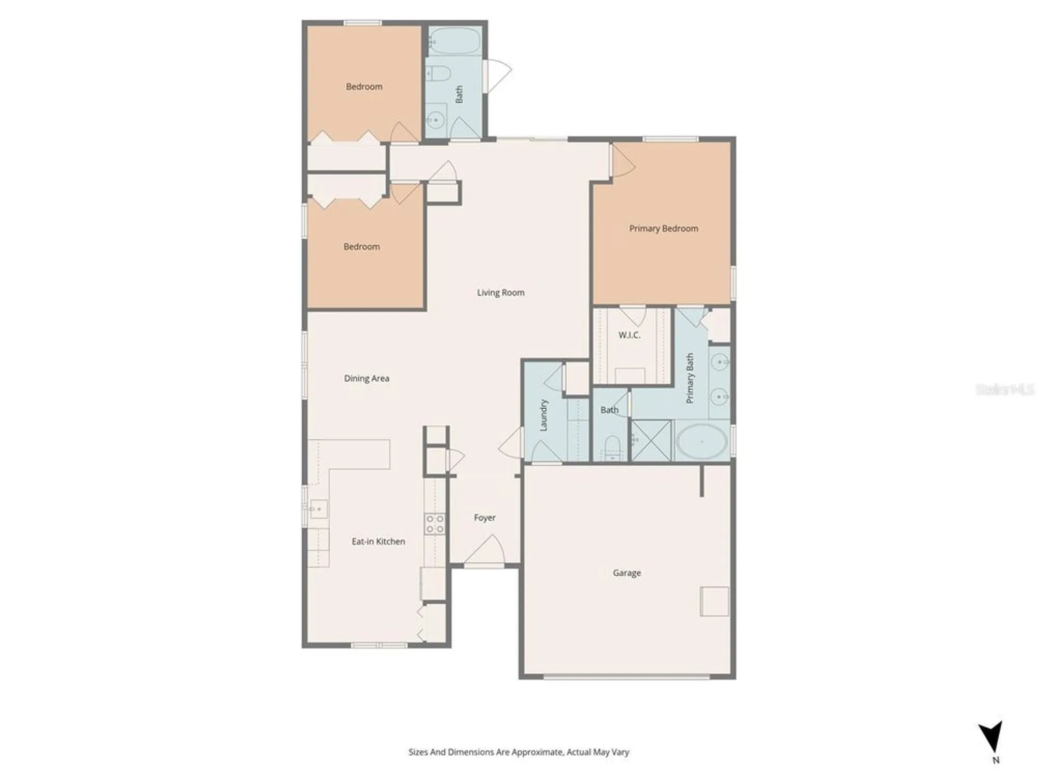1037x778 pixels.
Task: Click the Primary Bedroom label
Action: point(663,228)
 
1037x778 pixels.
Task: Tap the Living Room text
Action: point(500,293)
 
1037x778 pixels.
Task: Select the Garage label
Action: point(627,573)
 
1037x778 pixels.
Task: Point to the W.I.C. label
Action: point(629,335)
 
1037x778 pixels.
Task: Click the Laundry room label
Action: point(544,415)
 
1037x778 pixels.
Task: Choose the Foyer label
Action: point(485,518)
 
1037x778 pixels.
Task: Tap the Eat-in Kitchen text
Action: point(378,541)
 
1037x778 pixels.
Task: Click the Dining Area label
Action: point(367,379)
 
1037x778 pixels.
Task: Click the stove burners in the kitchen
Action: point(435,524)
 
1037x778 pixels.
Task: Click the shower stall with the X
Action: point(651,441)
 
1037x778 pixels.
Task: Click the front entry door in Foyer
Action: point(484,553)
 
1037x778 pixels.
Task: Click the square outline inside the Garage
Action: point(714,601)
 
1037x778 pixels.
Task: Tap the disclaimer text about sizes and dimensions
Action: point(518,752)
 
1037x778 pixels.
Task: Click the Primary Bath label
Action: point(690,378)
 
